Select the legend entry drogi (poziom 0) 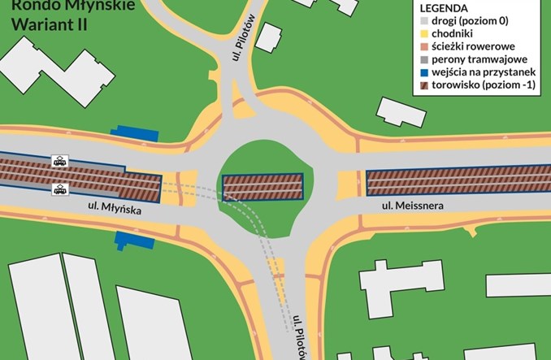click(x=477, y=20)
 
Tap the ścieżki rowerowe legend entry click(x=477, y=46)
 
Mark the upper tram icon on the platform click(x=59, y=161)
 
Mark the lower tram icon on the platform click(x=59, y=190)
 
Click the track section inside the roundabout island click(x=262, y=187)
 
